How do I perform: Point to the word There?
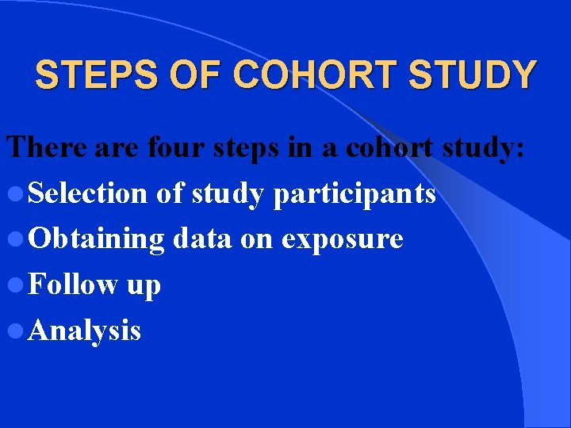click(48, 147)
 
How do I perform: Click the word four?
click(174, 147)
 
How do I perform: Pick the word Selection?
click(87, 193)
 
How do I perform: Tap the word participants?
click(354, 194)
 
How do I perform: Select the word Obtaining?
click(96, 239)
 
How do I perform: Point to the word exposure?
click(343, 240)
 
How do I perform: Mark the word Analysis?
click(84, 331)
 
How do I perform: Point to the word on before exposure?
click(256, 239)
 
